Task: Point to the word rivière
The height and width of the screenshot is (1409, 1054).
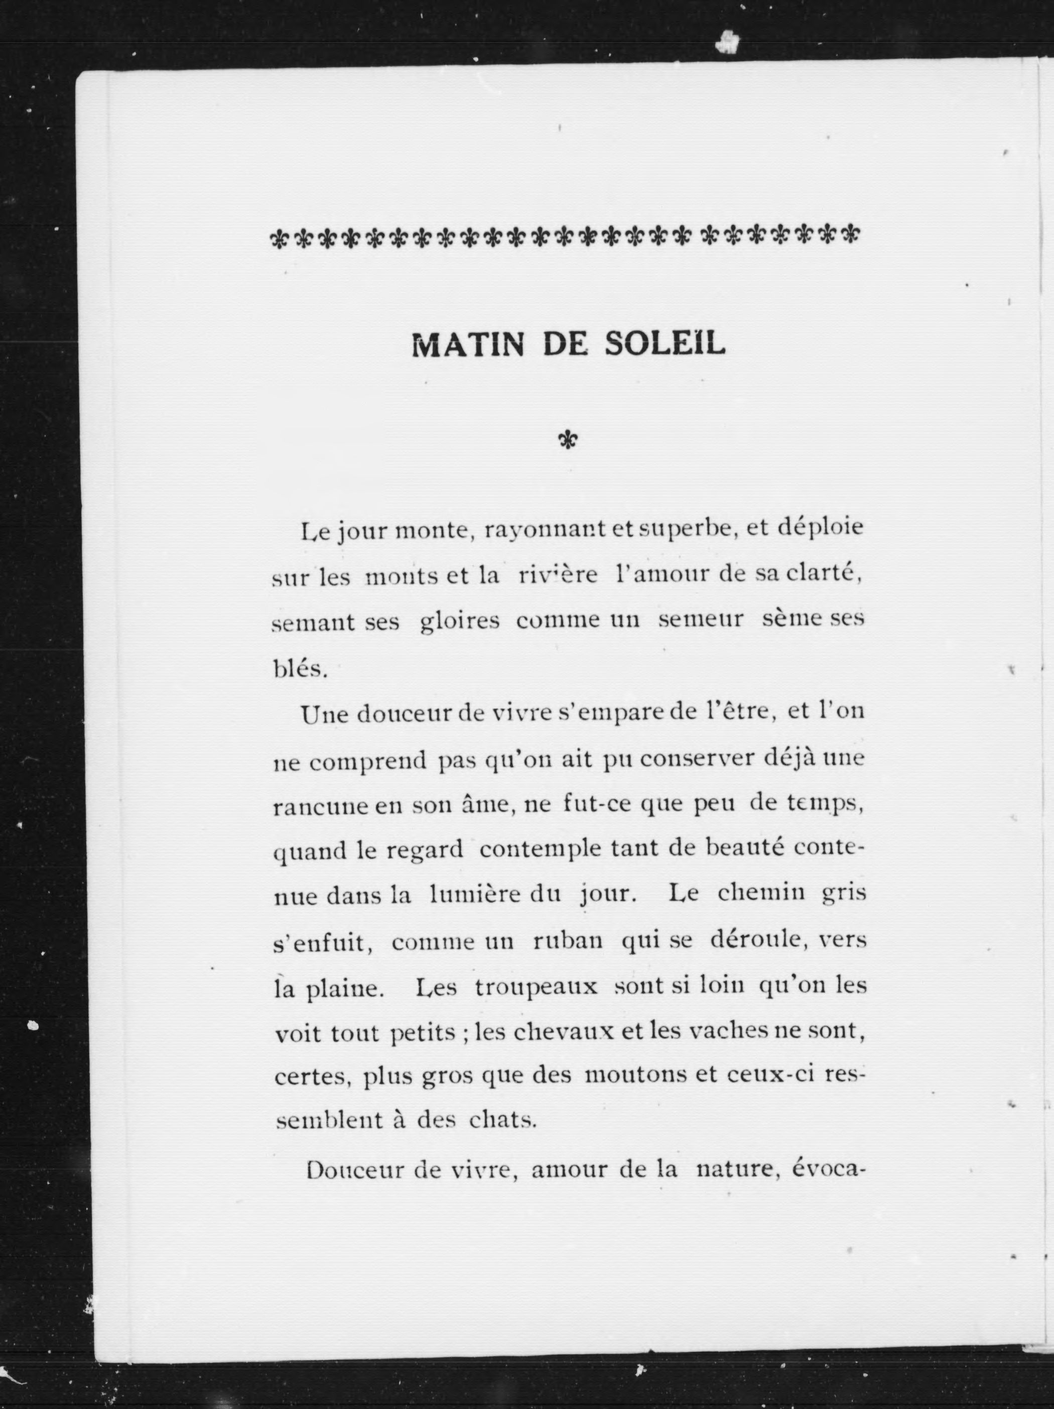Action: [558, 575]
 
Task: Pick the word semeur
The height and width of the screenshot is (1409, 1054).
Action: [701, 620]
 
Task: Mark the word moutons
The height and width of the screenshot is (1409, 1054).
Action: [635, 1077]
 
